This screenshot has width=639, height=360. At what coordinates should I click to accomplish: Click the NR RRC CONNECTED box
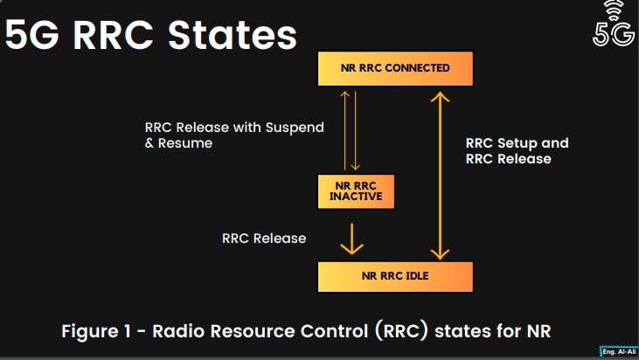[395, 68]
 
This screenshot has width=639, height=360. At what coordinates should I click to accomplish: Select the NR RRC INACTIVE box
[356, 191]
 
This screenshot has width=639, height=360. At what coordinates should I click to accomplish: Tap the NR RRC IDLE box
[395, 276]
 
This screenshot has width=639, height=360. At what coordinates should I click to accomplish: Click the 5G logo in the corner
[614, 24]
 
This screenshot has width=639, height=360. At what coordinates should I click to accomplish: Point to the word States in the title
[233, 36]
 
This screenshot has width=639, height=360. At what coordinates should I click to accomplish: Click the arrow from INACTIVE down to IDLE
[351, 239]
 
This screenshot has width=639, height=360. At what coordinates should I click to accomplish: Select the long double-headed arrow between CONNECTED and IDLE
[440, 176]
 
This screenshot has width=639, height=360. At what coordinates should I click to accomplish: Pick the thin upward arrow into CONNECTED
[344, 130]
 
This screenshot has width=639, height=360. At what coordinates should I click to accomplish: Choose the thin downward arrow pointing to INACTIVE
[356, 130]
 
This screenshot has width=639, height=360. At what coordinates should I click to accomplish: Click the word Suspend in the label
[295, 128]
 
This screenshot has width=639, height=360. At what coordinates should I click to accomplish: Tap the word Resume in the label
[185, 143]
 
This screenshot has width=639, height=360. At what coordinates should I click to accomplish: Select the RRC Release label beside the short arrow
[264, 239]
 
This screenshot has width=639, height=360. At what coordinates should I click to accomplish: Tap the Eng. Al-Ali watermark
[619, 352]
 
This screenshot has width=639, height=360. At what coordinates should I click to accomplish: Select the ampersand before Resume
[149, 143]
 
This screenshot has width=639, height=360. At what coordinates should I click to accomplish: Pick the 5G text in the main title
[31, 36]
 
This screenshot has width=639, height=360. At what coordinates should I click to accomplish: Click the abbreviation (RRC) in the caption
[402, 330]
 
